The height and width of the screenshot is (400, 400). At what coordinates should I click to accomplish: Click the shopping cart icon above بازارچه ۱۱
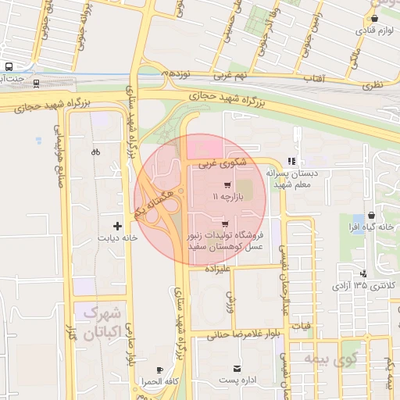[227, 186]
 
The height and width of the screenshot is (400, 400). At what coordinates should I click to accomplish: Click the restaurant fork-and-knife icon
[292, 161]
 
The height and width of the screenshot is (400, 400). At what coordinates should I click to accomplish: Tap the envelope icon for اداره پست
[235, 369]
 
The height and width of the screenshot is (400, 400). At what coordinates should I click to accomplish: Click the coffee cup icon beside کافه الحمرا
[159, 370]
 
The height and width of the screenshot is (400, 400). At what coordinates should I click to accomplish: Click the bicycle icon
[95, 152]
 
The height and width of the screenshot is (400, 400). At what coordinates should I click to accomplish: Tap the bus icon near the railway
[9, 67]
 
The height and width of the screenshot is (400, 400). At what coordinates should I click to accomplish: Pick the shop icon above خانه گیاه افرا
[370, 214]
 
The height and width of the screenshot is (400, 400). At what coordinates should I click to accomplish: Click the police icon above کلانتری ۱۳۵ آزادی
[363, 273]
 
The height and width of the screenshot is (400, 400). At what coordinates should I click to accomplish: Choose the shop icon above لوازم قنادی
[375, 19]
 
